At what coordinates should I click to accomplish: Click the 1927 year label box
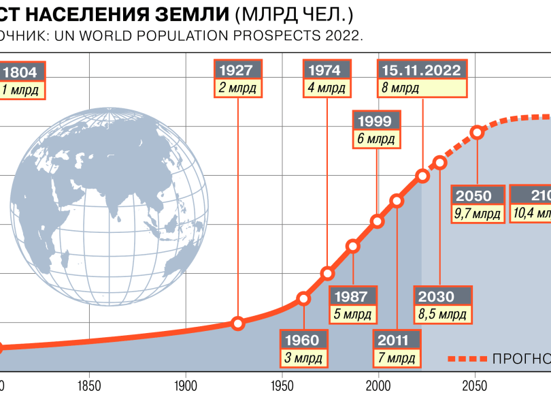point(237,70)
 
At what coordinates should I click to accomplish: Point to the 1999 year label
point(374,121)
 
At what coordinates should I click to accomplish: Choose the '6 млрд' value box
point(375,139)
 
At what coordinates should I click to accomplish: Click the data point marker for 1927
point(237,323)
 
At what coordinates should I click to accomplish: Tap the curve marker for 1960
point(304,298)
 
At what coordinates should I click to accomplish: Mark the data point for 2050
point(478,131)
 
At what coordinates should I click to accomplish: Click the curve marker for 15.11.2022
point(422,176)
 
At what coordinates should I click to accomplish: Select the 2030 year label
point(442,297)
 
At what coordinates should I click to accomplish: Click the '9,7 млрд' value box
point(478,213)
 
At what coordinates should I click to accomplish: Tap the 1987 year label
point(352,297)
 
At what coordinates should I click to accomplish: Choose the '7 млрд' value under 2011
point(396,358)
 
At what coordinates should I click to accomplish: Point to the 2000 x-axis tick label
point(378,385)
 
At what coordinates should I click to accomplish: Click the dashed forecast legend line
point(468,358)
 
